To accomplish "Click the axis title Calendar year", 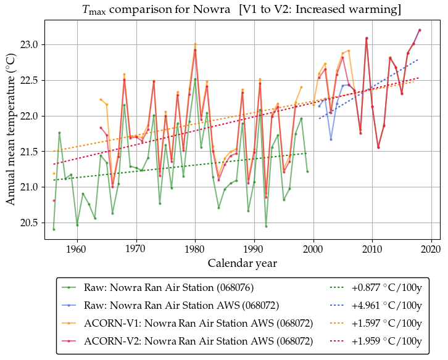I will (x=242, y=263).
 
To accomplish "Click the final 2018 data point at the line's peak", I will (x=420, y=30).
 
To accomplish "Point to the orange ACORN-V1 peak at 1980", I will (x=195, y=44).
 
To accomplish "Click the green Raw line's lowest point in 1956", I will (x=54, y=229).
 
